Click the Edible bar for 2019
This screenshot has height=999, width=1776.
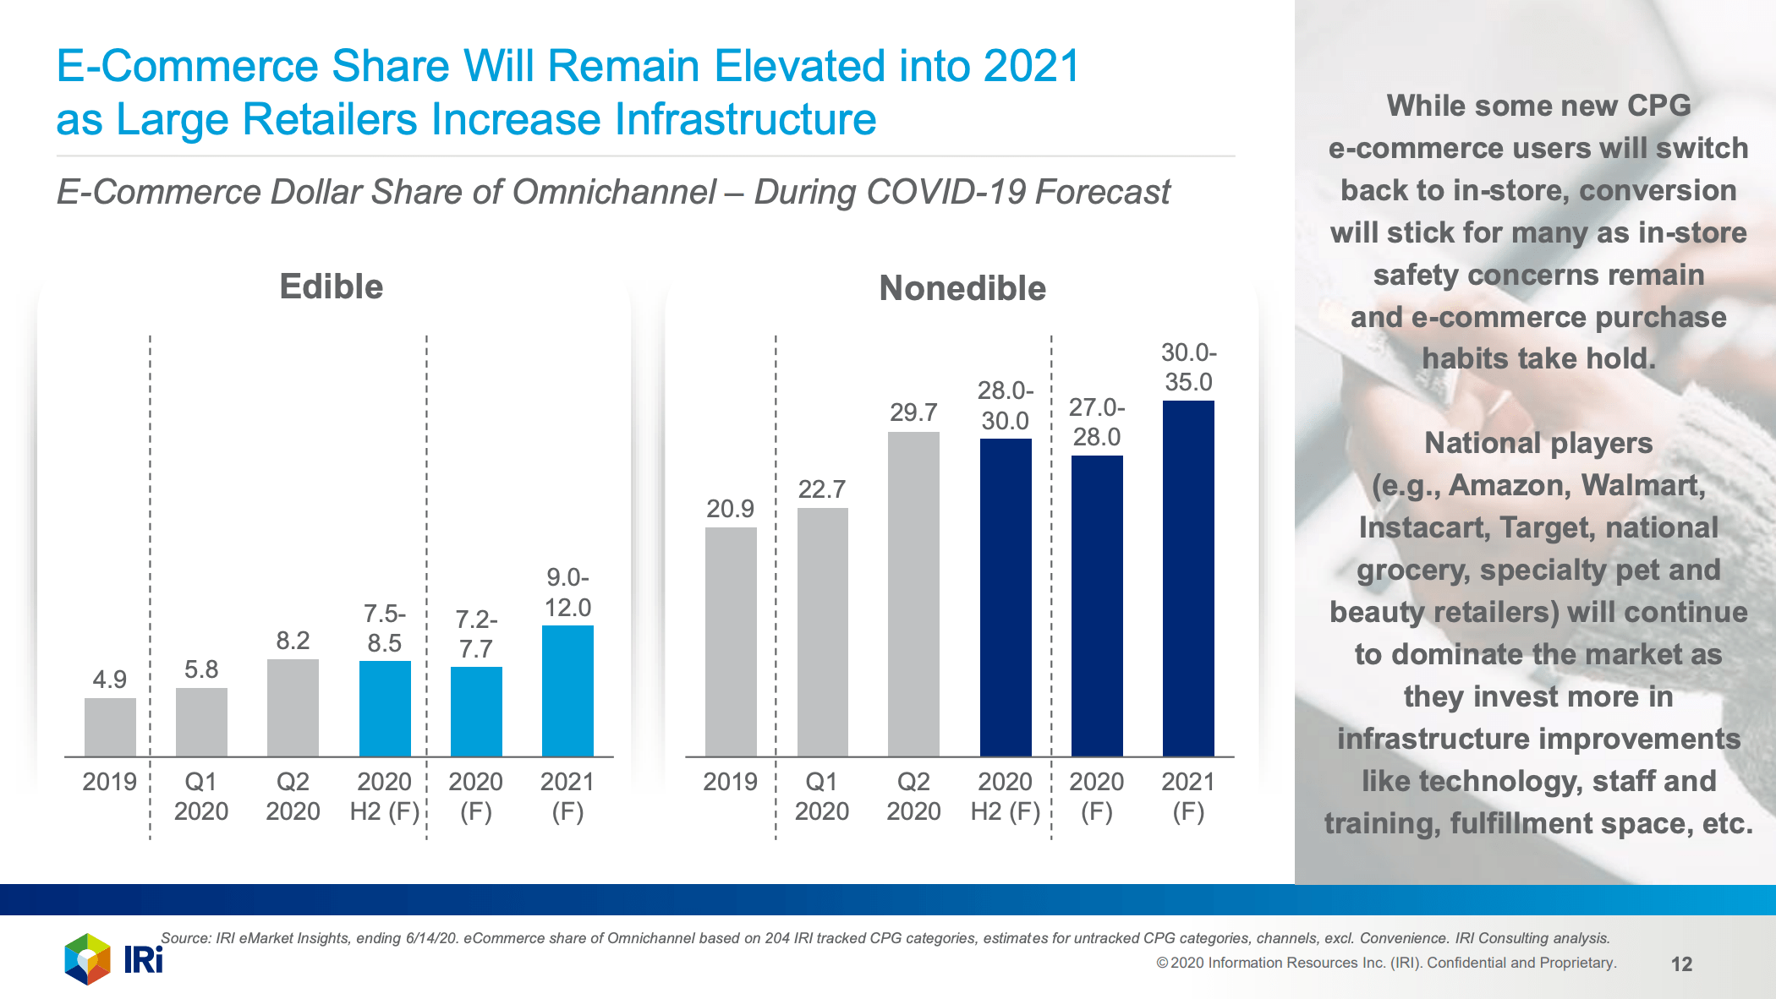[x=110, y=727]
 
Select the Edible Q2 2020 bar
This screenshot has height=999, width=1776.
[x=293, y=708]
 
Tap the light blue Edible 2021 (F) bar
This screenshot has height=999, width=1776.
[x=567, y=691]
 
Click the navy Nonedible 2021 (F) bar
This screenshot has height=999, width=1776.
[x=1188, y=579]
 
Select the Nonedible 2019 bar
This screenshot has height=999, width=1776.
[x=731, y=642]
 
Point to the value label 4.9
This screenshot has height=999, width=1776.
[x=110, y=680]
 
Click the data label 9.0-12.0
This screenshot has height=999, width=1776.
[x=567, y=592]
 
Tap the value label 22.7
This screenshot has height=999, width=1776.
[x=821, y=489]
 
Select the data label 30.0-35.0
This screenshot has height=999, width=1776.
[x=1188, y=367]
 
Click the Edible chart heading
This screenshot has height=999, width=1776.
[x=332, y=287]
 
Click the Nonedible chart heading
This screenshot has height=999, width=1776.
[x=962, y=288]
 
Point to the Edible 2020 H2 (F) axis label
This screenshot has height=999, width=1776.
[x=385, y=796]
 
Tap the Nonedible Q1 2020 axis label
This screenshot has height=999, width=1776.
[x=821, y=796]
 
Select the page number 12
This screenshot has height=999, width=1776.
[x=1681, y=964]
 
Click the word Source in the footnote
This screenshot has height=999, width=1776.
[x=184, y=938]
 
